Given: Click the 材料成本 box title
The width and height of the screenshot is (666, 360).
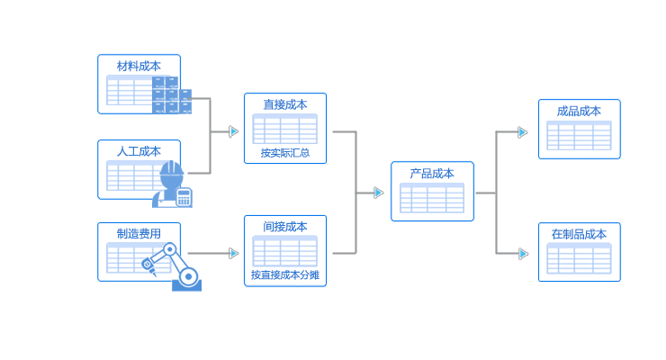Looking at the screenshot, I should (139, 66).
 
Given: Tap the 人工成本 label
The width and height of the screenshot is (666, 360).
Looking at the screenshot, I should (139, 151).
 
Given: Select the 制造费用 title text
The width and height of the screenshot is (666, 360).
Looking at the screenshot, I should (139, 234).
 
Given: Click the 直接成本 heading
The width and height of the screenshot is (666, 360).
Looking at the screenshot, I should (284, 104).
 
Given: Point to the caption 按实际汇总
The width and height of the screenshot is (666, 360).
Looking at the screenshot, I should (284, 153).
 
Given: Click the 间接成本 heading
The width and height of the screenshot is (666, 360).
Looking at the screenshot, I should (284, 227).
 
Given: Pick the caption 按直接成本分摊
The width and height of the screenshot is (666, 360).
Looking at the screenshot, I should (284, 275).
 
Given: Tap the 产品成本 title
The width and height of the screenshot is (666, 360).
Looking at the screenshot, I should (432, 174).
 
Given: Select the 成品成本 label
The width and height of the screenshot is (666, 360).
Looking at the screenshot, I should (579, 111).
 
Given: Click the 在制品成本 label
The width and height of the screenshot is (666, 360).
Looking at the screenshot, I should (579, 234).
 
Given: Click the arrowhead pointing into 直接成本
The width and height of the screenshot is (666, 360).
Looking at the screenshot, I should (234, 131).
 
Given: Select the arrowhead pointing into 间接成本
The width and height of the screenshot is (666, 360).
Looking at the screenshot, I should (234, 254).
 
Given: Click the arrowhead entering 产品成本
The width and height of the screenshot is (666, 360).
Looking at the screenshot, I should (379, 193).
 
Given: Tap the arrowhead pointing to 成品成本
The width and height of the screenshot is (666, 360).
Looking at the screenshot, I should (523, 132).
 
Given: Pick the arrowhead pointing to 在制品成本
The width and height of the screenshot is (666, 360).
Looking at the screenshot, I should (523, 254).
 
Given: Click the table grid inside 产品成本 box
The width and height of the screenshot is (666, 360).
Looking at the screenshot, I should (432, 199).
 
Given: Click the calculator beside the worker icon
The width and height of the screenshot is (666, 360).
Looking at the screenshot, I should (184, 197).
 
